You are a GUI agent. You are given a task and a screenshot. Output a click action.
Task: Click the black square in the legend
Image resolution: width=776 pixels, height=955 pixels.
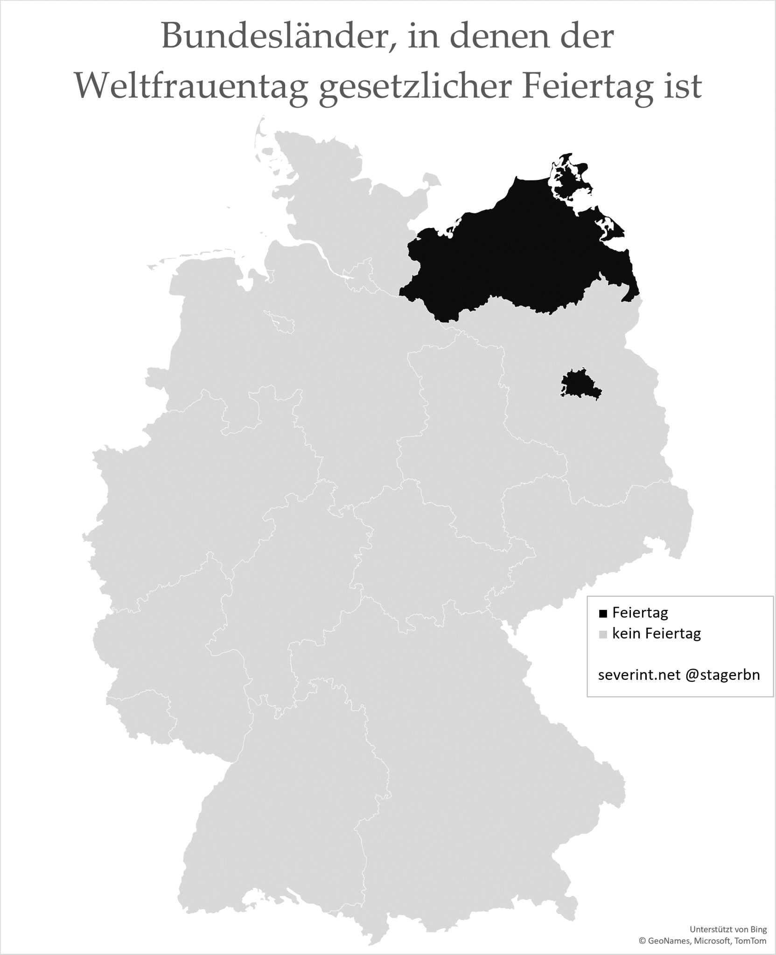point(603,614)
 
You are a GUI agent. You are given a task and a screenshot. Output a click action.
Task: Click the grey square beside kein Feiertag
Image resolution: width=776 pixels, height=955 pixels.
point(603,635)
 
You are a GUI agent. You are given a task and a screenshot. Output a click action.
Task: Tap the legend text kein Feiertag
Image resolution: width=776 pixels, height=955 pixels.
point(657,634)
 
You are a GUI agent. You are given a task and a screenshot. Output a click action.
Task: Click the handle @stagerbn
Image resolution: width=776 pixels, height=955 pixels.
point(723,675)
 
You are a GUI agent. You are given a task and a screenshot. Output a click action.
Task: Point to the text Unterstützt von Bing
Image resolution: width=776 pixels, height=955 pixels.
point(728,929)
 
